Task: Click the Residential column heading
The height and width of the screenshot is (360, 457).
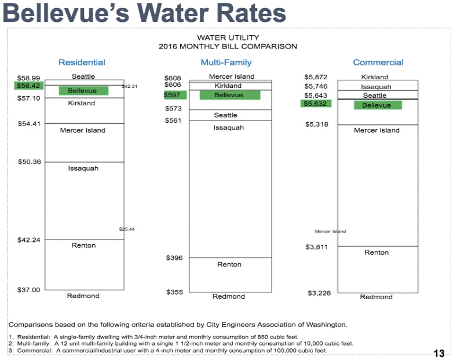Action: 82,63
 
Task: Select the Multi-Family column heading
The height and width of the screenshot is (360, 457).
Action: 226,63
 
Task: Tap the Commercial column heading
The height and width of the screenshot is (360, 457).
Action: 378,63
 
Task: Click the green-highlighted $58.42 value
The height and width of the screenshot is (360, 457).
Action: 28,86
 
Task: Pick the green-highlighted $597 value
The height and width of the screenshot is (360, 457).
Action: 173,95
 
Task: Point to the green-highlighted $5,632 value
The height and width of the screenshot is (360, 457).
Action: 316,104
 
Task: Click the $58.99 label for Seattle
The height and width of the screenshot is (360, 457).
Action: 28,77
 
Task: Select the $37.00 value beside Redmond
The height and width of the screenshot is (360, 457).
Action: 28,289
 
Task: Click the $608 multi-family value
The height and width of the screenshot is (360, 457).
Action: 173,77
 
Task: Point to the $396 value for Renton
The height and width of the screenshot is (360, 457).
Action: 174,258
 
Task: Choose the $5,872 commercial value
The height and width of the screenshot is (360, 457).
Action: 316,76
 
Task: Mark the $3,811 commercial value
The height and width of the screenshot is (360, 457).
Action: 317,247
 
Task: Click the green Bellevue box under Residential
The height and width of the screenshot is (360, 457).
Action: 83,91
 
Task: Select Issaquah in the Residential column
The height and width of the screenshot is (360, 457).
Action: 83,168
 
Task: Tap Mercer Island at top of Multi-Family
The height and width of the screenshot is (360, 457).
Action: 231,76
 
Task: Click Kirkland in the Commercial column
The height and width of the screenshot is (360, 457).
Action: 375,76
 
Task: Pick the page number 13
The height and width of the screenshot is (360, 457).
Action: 438,353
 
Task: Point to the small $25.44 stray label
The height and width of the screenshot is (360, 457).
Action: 126,229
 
